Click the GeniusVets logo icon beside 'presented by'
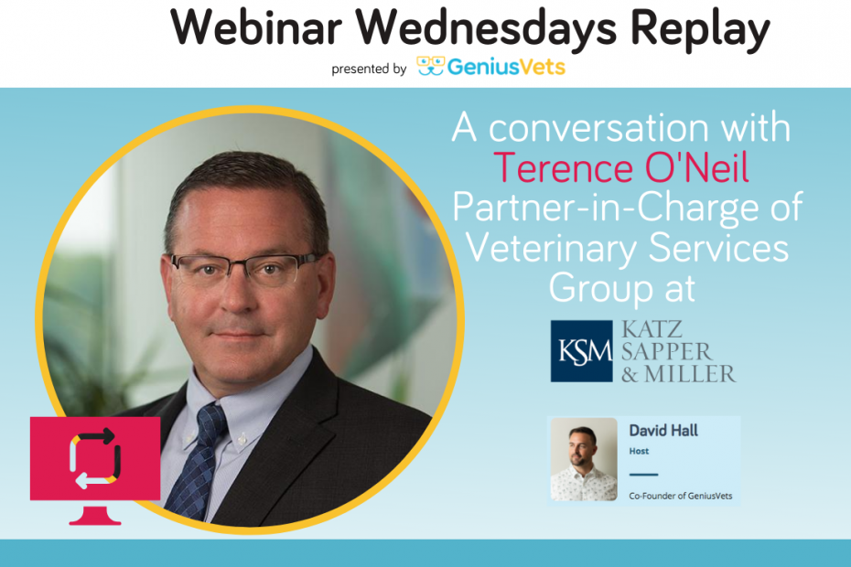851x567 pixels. click(x=432, y=67)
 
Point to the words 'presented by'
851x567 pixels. click(x=369, y=69)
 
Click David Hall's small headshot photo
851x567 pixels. click(x=584, y=459)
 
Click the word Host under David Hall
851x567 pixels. click(x=639, y=452)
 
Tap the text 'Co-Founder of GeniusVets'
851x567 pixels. click(x=680, y=496)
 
